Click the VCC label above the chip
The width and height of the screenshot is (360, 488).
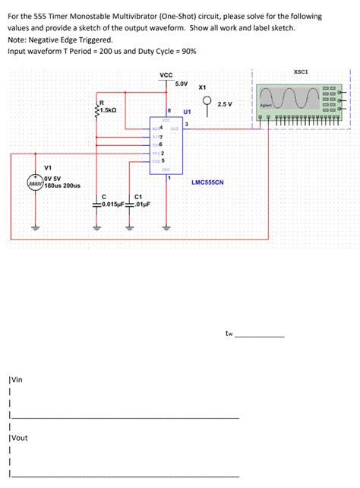[x=166, y=74]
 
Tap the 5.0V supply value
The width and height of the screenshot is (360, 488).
[x=183, y=83]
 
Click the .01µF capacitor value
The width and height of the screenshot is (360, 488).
[x=142, y=204]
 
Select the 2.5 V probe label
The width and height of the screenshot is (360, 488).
[x=225, y=103]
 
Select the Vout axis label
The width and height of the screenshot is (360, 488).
[x=17, y=437]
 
